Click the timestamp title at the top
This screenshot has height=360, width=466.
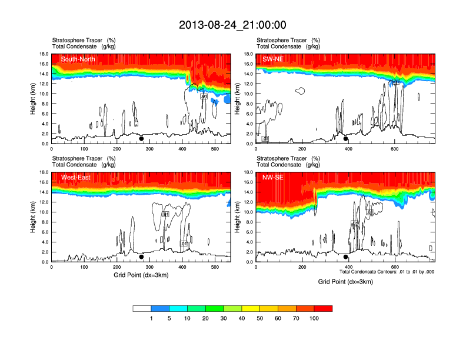click(232, 25)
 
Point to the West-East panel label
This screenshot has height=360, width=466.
click(75, 177)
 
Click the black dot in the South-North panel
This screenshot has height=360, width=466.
click(141, 139)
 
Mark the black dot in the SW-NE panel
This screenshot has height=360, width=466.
click(346, 139)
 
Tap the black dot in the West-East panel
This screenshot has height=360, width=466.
click(141, 257)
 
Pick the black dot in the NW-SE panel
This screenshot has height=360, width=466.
click(346, 257)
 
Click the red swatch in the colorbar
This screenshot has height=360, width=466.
click(323, 308)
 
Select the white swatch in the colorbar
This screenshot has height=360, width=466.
click(142, 308)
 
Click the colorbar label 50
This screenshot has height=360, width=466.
click(260, 318)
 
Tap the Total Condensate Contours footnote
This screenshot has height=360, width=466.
click(387, 272)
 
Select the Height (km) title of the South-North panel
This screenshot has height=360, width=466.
click(34, 98)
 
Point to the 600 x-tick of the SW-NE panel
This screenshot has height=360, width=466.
click(394, 149)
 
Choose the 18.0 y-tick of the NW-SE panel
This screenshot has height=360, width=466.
click(248, 172)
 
